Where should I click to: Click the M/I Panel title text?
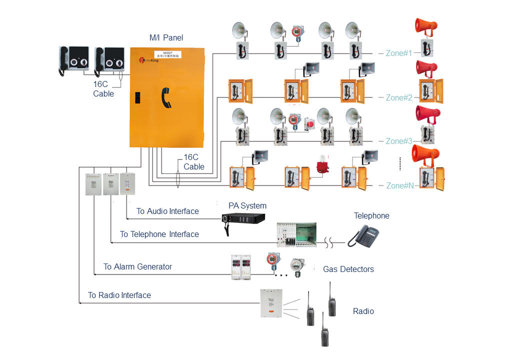[166, 37]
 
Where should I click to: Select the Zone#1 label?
[399, 53]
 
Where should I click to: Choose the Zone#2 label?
[399, 97]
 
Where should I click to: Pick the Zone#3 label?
[399, 141]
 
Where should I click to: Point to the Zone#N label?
[400, 185]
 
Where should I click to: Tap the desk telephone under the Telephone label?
[364, 235]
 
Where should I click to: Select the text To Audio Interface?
[167, 211]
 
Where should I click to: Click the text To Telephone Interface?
[159, 234]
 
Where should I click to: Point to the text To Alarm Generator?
[137, 267]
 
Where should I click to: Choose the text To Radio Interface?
[119, 295]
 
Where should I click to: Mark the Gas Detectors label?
[348, 269]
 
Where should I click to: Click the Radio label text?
[363, 311]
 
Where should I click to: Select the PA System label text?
[247, 205]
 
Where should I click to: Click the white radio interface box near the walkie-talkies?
[271, 303]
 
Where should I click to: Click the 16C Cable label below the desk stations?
[103, 89]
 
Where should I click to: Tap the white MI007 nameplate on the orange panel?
[167, 54]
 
